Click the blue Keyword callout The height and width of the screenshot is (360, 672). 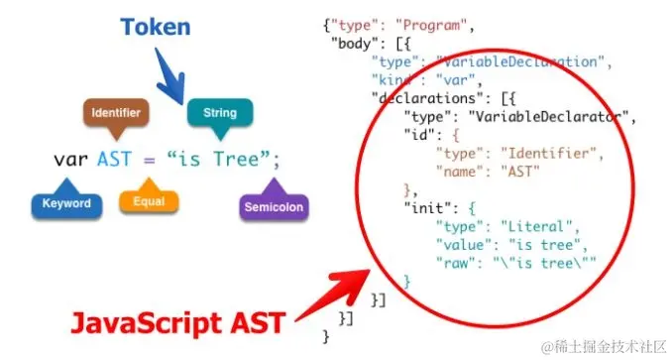[66, 204]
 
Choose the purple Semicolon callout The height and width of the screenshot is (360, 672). [273, 207]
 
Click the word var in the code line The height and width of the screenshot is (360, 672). [71, 159]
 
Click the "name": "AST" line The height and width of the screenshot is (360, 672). [487, 171]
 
